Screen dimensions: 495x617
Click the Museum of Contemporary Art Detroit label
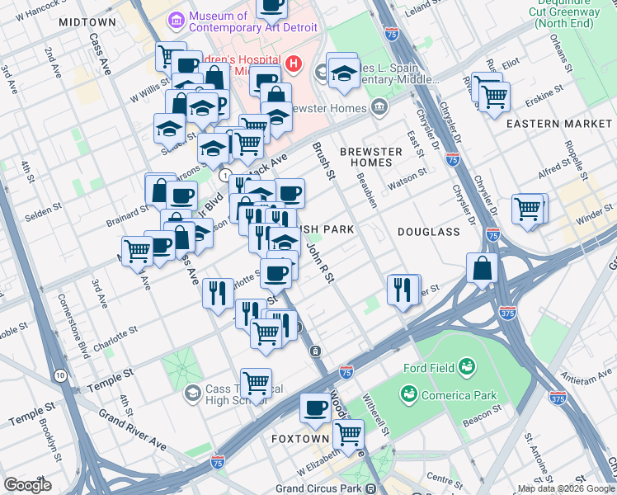219,23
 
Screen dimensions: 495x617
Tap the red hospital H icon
291,64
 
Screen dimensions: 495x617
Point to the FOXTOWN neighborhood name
301,439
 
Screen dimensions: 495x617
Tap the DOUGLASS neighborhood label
428,232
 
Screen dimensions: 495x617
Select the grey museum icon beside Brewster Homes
378,106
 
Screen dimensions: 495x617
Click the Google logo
27,484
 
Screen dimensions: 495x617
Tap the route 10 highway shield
60,375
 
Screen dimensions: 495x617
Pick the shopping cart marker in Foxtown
349,434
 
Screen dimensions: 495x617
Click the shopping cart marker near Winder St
529,209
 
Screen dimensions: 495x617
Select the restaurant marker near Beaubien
403,290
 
